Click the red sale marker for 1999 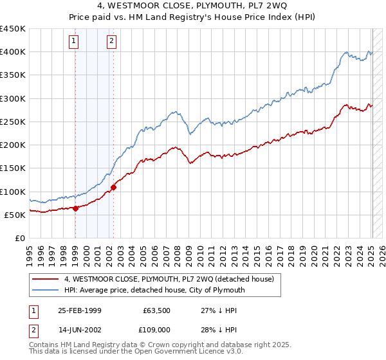tap(75, 208)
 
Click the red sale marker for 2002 tap(113, 187)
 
